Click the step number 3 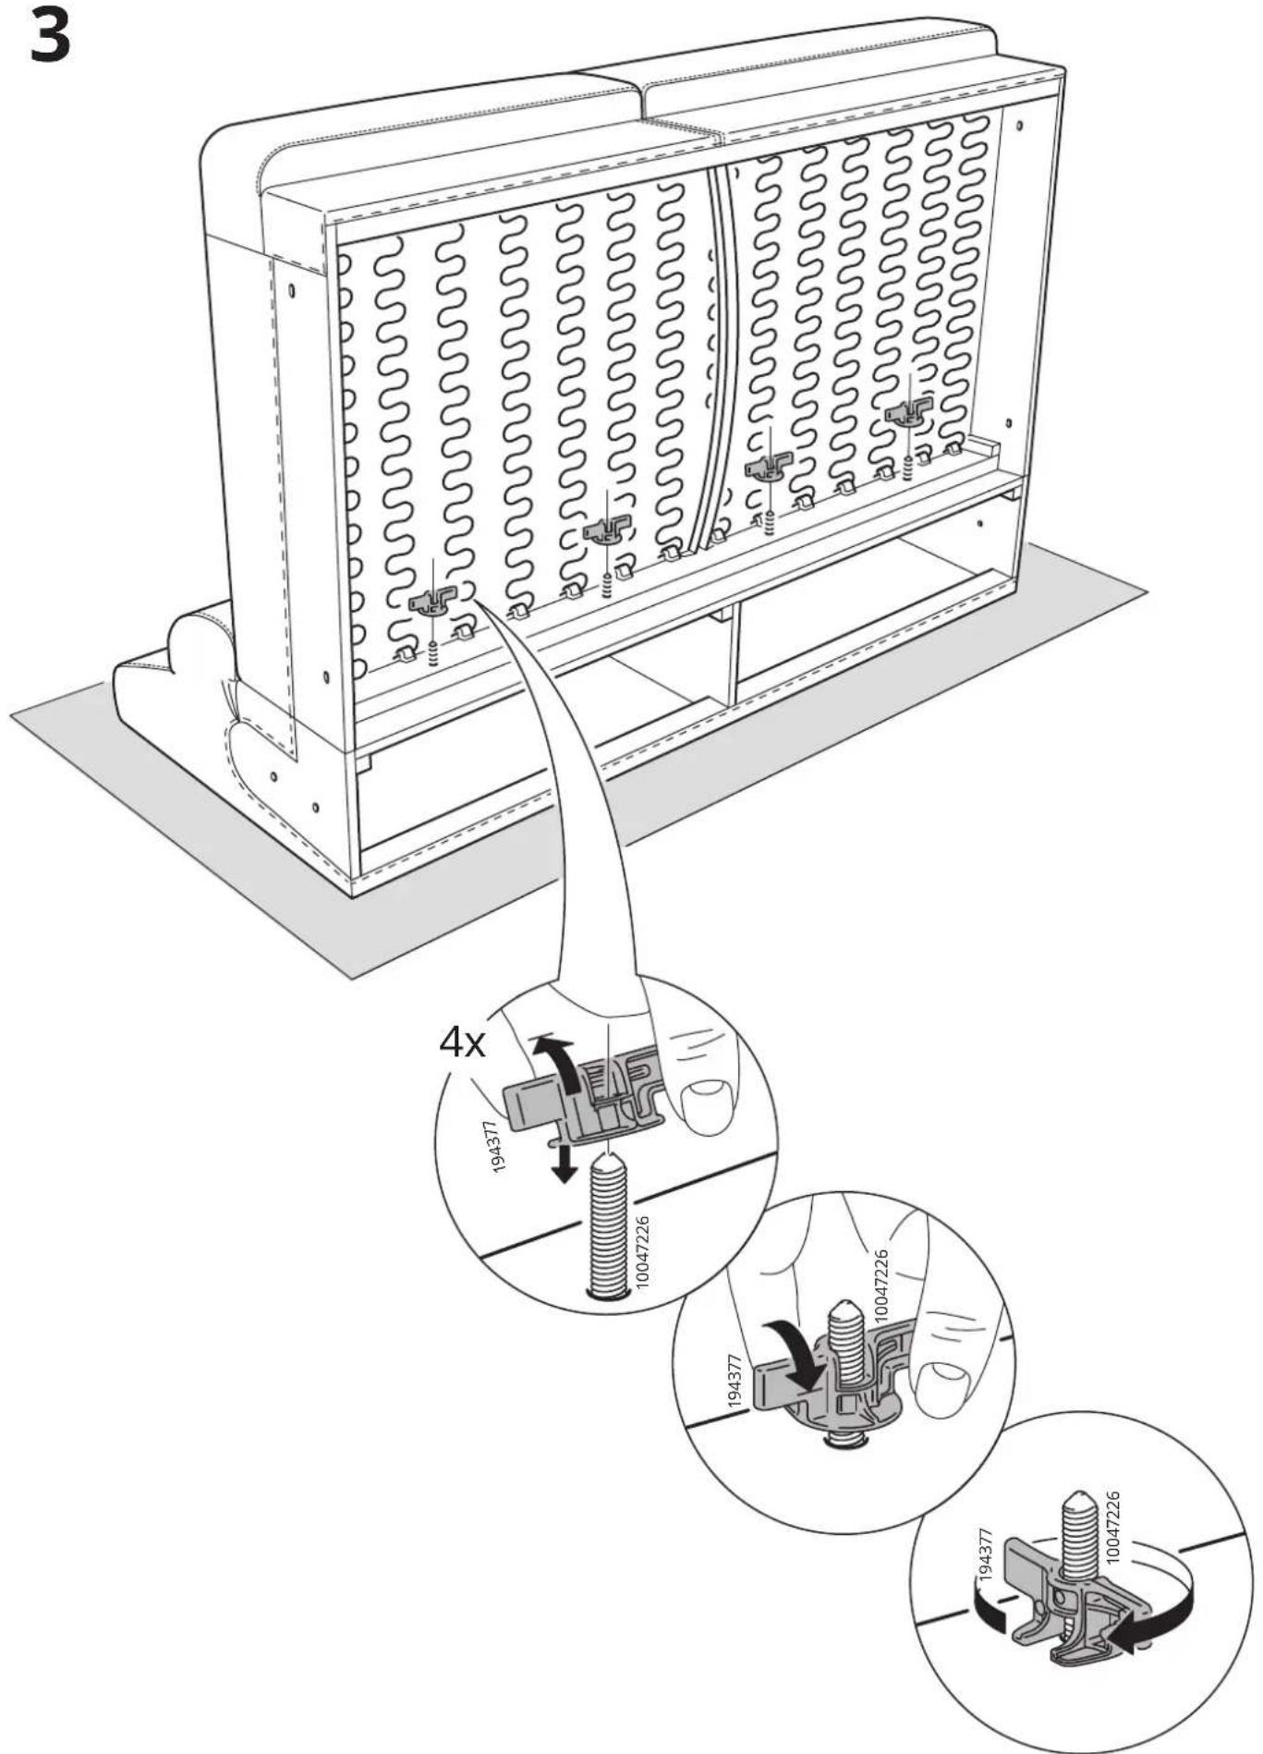coord(49,37)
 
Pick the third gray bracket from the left coord(769,466)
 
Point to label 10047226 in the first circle coord(643,1251)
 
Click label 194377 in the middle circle coord(736,1380)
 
